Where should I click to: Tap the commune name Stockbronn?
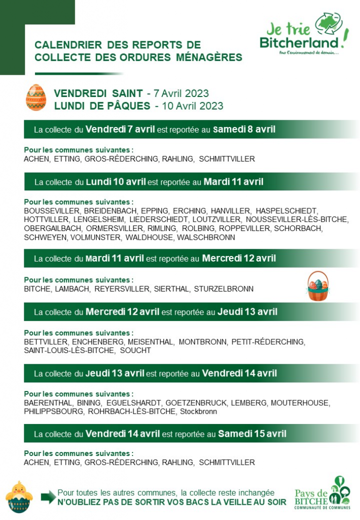point(199,412)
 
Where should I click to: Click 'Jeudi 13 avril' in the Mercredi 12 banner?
point(247,311)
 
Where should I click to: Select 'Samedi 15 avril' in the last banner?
point(252,434)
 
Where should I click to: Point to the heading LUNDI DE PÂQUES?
point(102,106)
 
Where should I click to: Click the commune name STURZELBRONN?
point(223,289)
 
